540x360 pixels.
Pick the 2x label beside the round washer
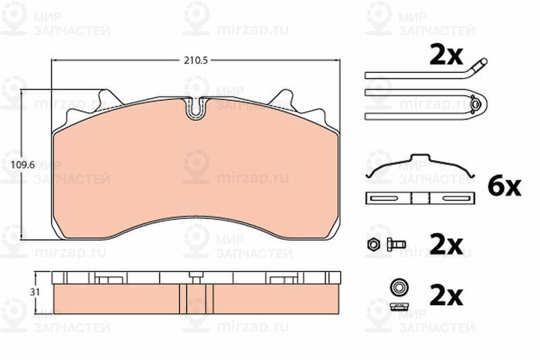446,294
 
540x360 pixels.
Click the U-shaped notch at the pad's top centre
195,108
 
